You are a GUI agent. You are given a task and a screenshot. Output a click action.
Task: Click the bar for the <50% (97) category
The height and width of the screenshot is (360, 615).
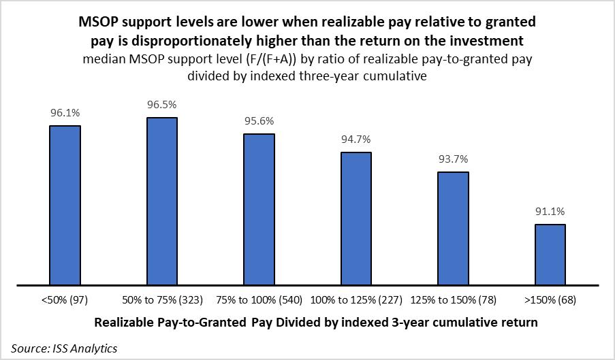(65, 205)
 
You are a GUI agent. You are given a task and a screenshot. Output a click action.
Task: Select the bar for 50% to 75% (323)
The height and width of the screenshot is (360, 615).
(162, 201)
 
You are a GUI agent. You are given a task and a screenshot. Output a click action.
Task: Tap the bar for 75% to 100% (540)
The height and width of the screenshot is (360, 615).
(259, 209)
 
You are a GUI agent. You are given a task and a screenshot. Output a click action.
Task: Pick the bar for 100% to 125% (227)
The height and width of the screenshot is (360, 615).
(356, 218)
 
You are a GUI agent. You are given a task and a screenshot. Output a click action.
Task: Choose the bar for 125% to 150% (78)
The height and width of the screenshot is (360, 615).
(453, 228)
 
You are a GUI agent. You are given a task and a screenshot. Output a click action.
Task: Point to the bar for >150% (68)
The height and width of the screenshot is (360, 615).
(550, 255)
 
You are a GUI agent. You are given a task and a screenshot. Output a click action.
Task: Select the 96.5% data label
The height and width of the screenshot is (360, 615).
(162, 105)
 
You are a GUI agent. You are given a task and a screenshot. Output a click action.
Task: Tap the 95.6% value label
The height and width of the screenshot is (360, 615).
(259, 122)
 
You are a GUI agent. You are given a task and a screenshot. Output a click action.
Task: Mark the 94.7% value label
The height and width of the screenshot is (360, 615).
(356, 140)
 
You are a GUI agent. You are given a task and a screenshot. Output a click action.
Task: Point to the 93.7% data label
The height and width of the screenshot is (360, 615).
(453, 160)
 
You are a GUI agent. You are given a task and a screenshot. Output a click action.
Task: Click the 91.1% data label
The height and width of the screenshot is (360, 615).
(550, 212)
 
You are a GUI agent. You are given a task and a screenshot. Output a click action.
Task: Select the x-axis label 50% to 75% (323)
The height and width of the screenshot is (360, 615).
(162, 300)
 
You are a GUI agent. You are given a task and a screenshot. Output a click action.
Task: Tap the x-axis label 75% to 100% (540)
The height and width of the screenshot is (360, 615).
(259, 300)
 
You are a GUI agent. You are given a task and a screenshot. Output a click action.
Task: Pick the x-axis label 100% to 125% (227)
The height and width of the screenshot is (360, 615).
(356, 300)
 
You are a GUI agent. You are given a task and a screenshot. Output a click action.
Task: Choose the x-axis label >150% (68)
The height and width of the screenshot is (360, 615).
(550, 300)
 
